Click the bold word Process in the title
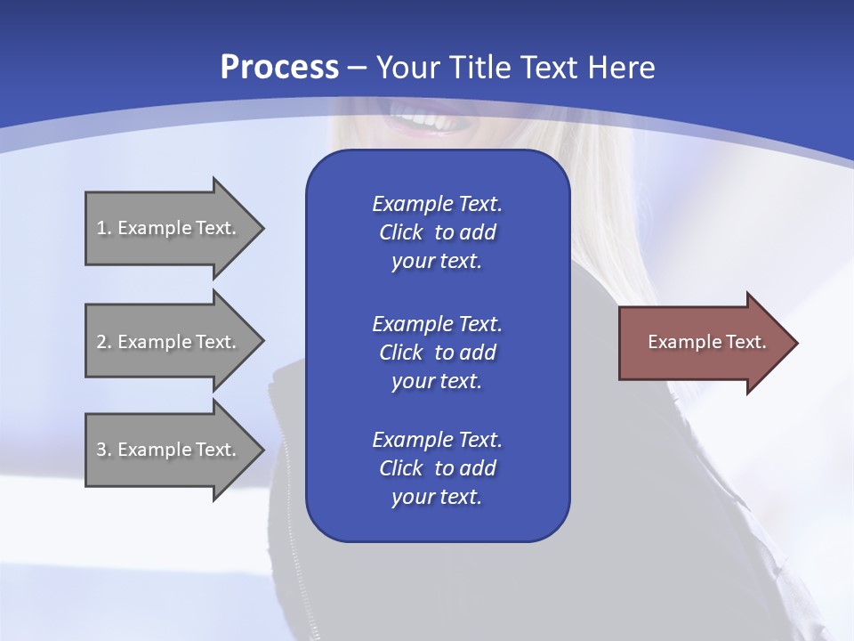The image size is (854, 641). (x=279, y=68)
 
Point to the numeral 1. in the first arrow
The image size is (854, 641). (x=104, y=228)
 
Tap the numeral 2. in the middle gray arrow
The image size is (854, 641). (x=104, y=342)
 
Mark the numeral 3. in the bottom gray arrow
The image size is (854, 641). (x=104, y=450)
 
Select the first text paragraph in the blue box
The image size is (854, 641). (x=437, y=232)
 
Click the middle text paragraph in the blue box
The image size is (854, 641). (x=437, y=352)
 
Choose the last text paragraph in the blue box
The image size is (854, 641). (x=437, y=468)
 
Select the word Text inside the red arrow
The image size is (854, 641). (x=746, y=342)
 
